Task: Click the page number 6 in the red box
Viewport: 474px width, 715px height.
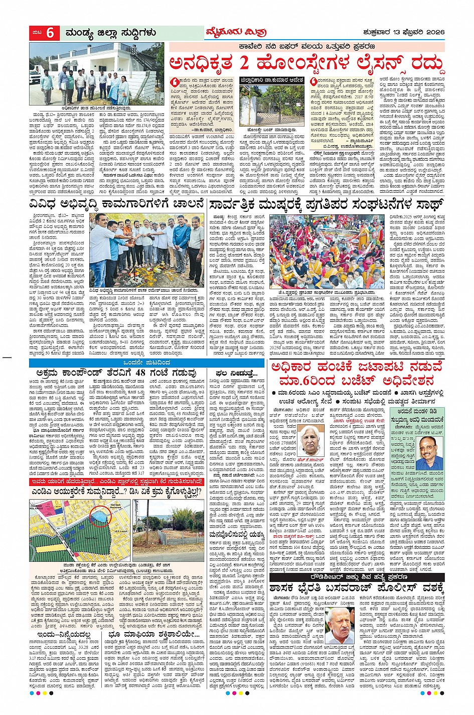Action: pyautogui.click(x=50, y=33)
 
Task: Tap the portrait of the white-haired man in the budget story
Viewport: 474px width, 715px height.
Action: pyautogui.click(x=311, y=440)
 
